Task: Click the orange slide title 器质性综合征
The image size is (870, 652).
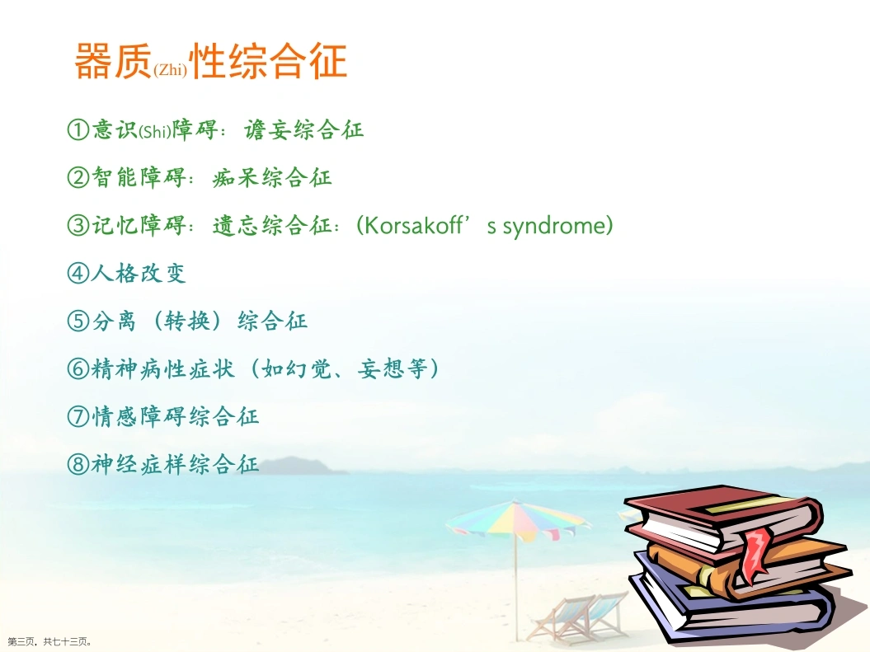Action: [211, 60]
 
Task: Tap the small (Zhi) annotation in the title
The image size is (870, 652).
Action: [171, 69]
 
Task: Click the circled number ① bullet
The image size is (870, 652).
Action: [78, 129]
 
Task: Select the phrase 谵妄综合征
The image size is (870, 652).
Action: [304, 129]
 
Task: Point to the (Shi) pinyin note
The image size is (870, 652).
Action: [155, 132]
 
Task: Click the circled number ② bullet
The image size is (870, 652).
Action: [78, 177]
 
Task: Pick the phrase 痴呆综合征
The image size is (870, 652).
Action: [272, 177]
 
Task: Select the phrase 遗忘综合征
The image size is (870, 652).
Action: [272, 225]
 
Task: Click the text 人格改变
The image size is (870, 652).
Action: [139, 273]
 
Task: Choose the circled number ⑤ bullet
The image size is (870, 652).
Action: [78, 321]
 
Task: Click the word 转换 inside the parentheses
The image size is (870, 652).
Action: [187, 321]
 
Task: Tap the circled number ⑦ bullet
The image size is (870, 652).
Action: [78, 415]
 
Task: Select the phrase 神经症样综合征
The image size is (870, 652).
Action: [175, 463]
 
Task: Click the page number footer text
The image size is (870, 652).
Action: [49, 641]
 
